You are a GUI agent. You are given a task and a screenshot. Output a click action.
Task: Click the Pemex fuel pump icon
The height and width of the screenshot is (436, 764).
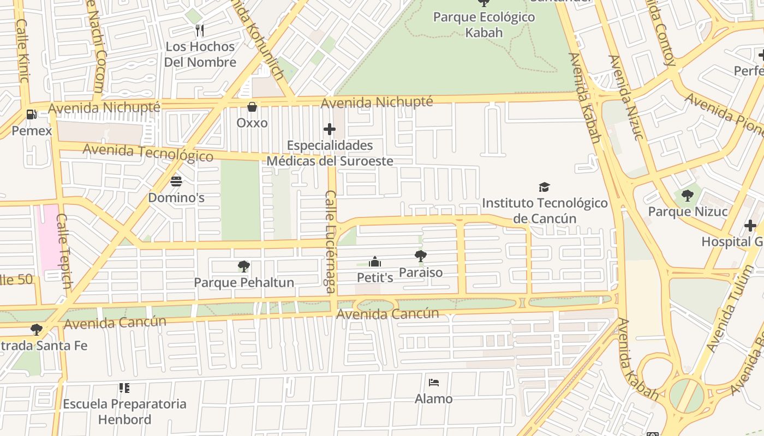[32, 114]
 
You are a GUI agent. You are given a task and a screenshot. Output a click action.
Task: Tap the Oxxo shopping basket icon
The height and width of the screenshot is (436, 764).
[252, 106]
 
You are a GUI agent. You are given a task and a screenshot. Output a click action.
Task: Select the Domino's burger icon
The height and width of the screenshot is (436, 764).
[176, 181]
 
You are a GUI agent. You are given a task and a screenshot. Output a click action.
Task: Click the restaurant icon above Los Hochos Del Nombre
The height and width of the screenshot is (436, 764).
[200, 30]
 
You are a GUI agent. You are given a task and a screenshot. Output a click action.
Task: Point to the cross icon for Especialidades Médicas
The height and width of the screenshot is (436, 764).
[330, 129]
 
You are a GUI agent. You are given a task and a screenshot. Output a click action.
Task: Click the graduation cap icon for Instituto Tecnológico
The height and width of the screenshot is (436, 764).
[544, 187]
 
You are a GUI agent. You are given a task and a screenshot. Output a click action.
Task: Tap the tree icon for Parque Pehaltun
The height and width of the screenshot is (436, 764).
[244, 266]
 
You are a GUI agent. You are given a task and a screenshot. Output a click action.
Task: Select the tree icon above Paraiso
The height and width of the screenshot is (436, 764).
[420, 256]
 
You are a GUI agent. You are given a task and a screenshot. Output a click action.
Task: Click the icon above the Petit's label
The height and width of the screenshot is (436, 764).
[374, 262]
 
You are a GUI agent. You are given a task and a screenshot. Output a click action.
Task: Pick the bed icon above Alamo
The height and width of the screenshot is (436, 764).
[434, 382]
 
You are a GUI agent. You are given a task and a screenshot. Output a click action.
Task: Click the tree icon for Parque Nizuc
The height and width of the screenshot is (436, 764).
[688, 196]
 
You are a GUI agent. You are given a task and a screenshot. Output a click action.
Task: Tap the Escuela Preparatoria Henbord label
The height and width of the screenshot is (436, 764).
[124, 411]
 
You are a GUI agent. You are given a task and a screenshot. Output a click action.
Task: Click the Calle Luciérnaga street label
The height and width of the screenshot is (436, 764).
[330, 241]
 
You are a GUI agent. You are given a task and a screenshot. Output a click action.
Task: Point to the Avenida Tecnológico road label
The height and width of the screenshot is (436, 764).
[148, 152]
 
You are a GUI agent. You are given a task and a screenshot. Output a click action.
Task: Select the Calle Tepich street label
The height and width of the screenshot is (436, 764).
[64, 251]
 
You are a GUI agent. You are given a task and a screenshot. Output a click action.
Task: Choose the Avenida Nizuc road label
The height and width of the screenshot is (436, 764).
[625, 97]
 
